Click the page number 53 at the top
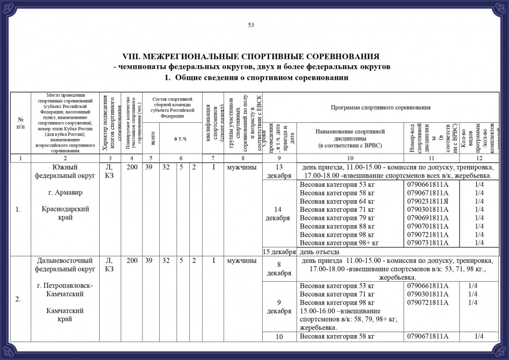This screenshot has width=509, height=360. (251, 25)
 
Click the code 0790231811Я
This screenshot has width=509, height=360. (428, 201)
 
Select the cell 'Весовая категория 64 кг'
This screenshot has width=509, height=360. (337, 201)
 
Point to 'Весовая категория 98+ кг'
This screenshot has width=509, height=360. (339, 243)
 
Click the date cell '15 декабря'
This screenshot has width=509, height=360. (279, 252)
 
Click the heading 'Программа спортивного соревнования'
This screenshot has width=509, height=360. (381, 108)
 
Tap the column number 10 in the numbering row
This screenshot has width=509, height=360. (350, 158)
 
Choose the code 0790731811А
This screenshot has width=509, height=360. (428, 243)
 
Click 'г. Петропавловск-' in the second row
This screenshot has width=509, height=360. (64, 285)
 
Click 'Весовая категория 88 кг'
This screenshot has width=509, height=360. (337, 226)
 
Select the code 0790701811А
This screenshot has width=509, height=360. (428, 226)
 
